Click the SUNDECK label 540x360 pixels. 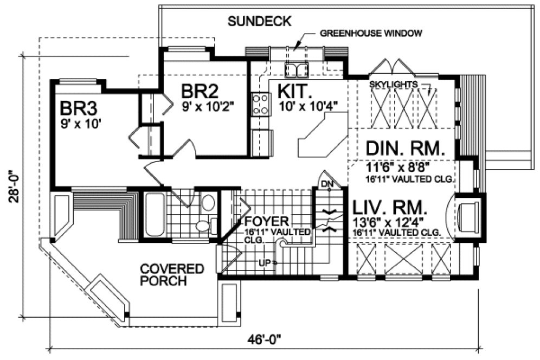[260, 22]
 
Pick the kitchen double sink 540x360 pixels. [296, 69]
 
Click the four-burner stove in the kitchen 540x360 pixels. [261, 104]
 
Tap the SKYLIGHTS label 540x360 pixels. [393, 85]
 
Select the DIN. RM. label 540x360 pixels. [404, 149]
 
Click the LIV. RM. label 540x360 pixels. [390, 208]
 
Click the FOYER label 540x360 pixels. [267, 222]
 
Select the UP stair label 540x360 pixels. [265, 263]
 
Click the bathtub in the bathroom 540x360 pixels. [155, 214]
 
